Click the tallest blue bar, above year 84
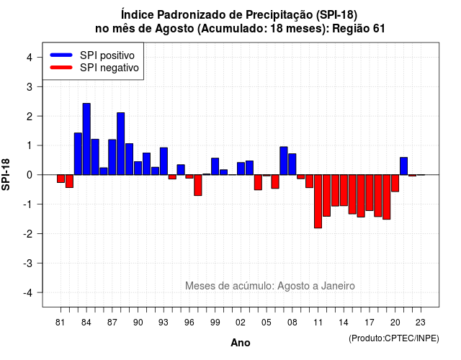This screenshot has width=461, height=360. (x=86, y=139)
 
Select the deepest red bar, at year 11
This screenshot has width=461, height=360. (x=318, y=202)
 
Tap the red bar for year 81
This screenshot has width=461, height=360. (x=61, y=179)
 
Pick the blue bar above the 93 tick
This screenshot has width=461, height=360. (x=164, y=161)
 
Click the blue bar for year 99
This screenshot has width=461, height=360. (x=215, y=166)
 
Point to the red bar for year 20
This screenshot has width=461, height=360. (x=395, y=183)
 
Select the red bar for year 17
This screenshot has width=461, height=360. (x=370, y=192)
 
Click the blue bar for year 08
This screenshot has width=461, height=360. (x=292, y=164)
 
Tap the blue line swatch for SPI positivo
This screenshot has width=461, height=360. (x=61, y=55)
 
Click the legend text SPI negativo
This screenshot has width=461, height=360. (x=109, y=68)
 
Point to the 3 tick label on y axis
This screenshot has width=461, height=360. (x=30, y=86)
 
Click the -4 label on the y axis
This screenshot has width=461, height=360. (x=28, y=293)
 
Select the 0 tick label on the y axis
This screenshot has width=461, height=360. (x=30, y=175)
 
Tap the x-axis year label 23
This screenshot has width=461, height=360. (x=421, y=323)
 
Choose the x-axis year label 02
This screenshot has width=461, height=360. (x=240, y=323)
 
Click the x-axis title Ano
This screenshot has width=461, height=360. (x=241, y=343)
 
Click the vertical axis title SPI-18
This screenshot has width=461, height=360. (x=6, y=174)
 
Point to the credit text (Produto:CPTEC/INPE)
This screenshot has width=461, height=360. (x=394, y=338)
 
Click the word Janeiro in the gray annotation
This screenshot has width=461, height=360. (x=338, y=286)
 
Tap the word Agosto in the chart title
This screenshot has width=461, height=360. (x=174, y=29)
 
